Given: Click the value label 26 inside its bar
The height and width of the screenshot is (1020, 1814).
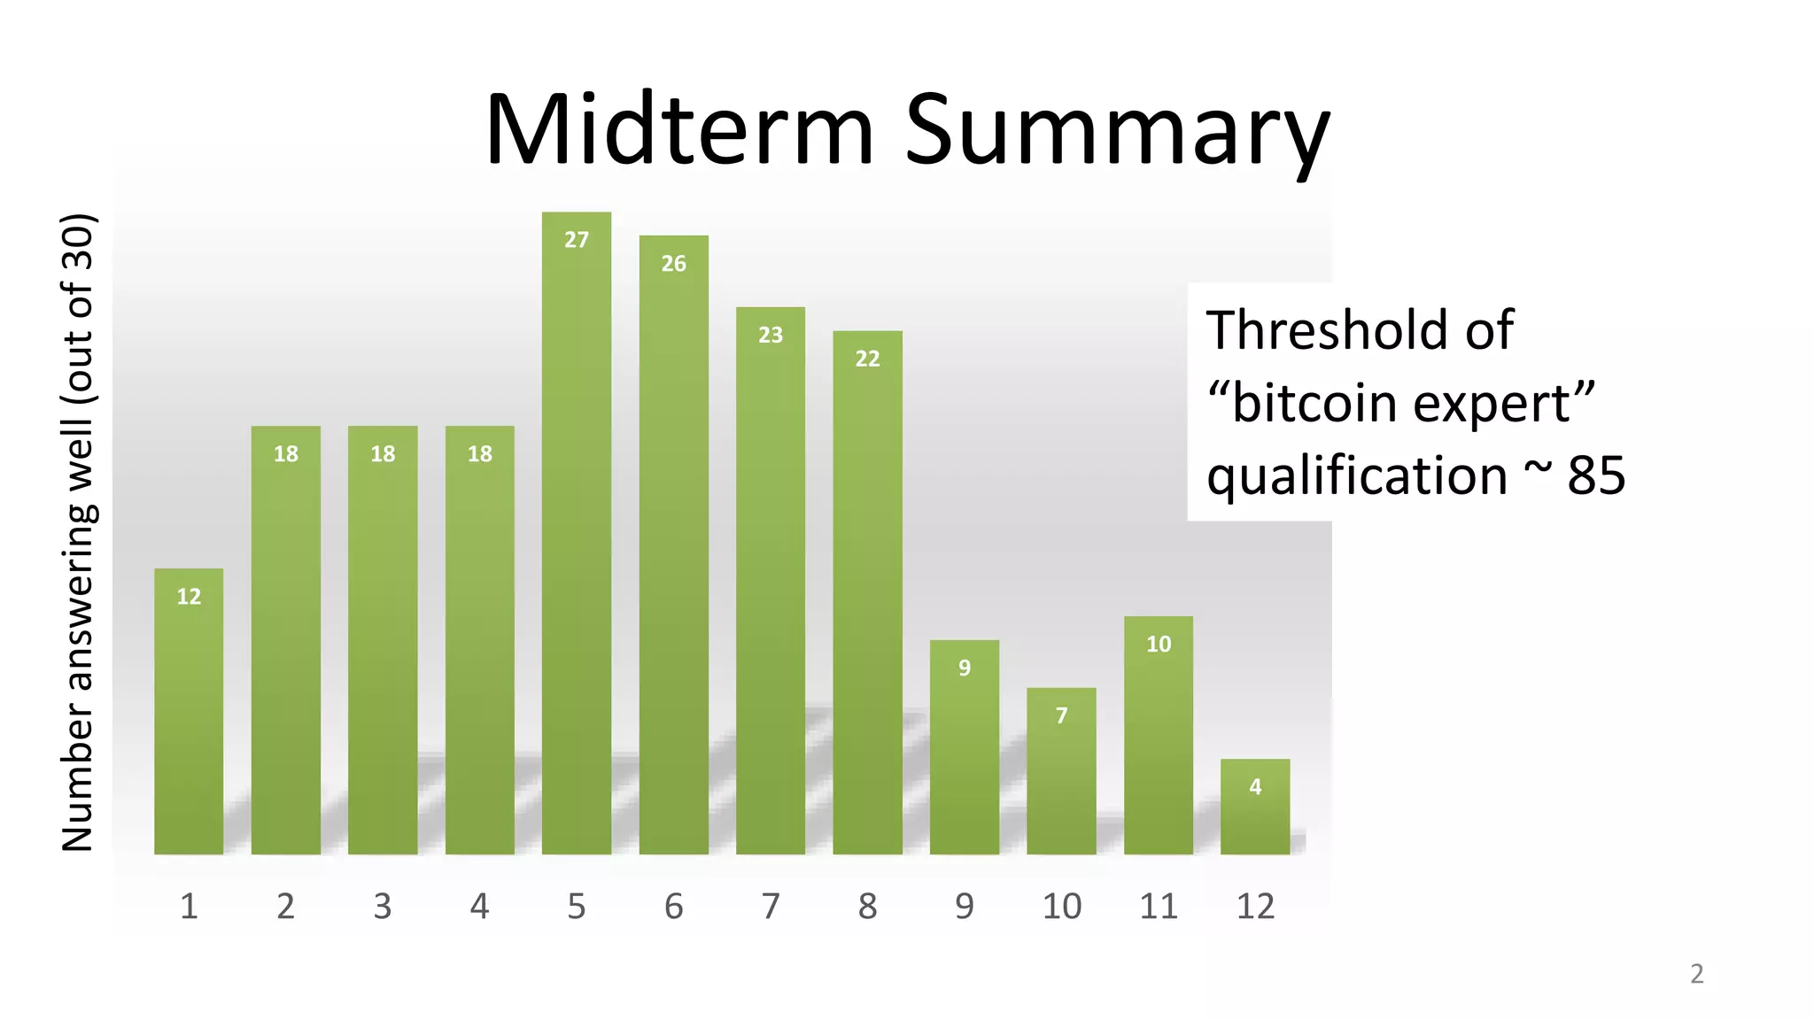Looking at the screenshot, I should [673, 264].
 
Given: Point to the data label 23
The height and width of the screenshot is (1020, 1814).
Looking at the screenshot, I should [771, 336].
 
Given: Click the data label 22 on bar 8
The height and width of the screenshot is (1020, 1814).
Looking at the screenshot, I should [867, 359].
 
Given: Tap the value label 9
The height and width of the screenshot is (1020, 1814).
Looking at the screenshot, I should [964, 668].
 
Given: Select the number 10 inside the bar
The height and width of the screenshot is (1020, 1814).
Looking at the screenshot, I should [1158, 645].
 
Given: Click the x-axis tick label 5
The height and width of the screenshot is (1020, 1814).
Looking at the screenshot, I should [576, 907].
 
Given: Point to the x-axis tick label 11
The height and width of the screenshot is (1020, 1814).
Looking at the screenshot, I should [1158, 907].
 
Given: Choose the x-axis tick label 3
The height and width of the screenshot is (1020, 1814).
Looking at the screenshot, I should [382, 907].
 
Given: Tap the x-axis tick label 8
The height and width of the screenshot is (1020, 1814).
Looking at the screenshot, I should [867, 907].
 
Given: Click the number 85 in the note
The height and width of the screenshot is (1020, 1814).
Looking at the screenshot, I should [1596, 476].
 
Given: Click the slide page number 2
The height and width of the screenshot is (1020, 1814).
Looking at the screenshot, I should [1696, 974].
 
